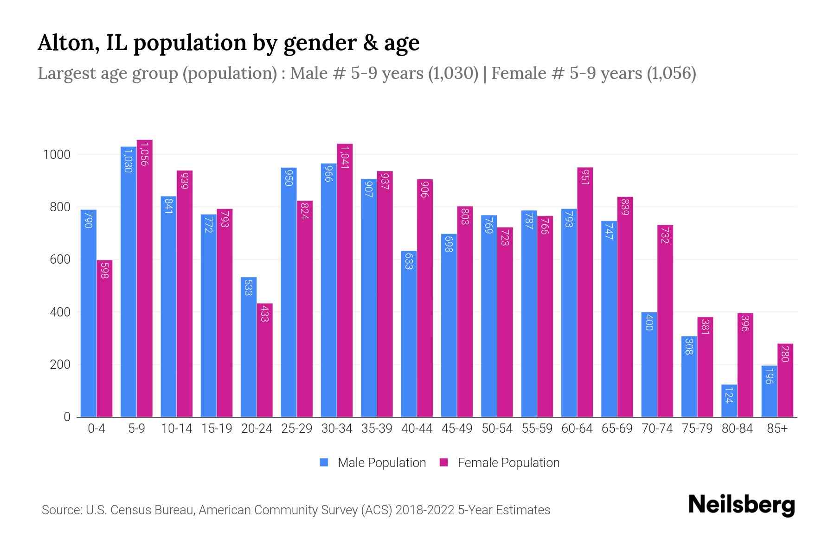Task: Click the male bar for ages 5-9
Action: click(x=128, y=283)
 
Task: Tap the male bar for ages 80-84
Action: click(x=729, y=401)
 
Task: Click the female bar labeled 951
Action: click(x=585, y=292)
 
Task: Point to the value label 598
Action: click(x=104, y=270)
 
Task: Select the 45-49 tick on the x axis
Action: click(x=457, y=429)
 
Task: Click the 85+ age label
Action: click(x=777, y=429)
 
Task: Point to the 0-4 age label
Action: click(x=96, y=429)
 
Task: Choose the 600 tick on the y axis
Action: click(x=60, y=259)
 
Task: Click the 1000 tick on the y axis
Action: click(x=57, y=155)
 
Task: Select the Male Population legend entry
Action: click(x=381, y=463)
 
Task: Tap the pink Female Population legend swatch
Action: click(x=444, y=462)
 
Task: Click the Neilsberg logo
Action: click(x=741, y=505)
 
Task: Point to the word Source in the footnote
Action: click(x=60, y=510)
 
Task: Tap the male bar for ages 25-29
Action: click(x=289, y=292)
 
